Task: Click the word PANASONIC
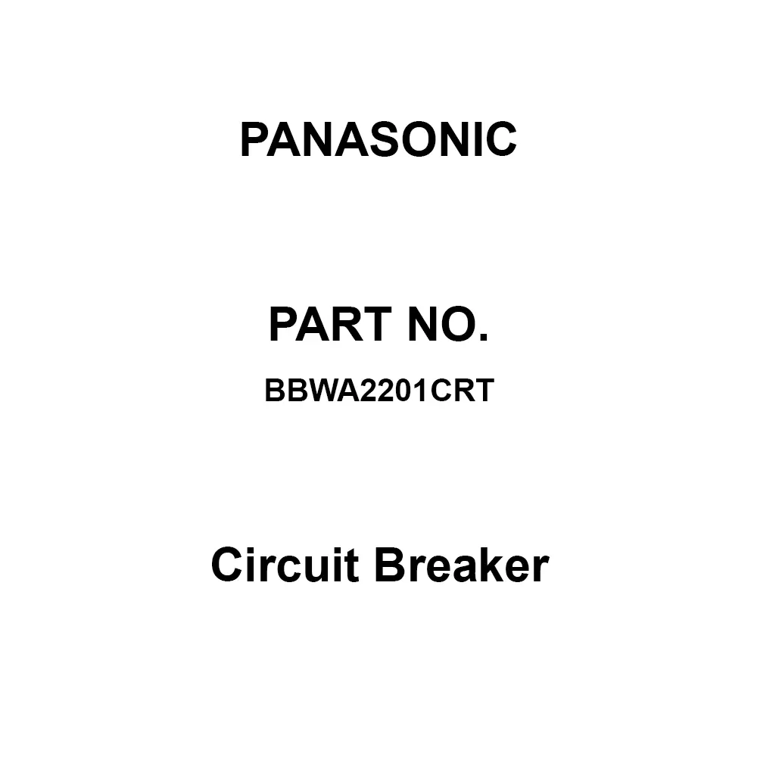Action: click(378, 140)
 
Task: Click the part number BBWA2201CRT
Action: click(378, 391)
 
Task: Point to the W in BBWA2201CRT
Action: click(316, 391)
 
